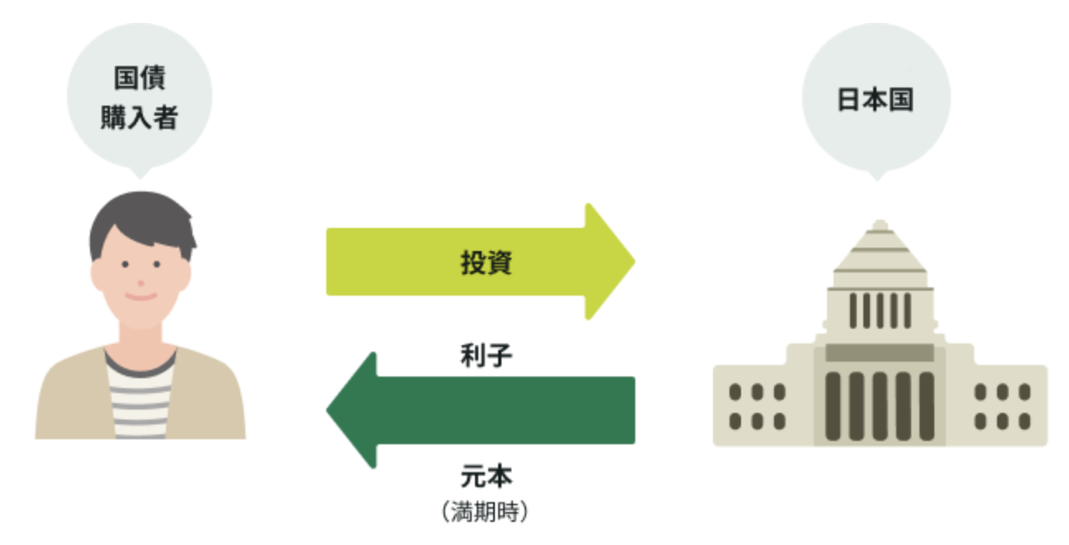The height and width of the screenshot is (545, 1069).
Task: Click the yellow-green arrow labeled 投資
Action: point(481,262)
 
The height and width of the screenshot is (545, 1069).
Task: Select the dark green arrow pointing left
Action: point(481,410)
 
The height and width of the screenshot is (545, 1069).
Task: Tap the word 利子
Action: point(487,356)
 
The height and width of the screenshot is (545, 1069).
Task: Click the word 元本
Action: point(487,476)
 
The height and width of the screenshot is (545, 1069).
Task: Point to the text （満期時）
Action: point(485,512)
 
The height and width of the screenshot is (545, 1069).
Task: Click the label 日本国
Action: point(876,100)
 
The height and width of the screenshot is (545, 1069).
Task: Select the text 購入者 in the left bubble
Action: point(140,117)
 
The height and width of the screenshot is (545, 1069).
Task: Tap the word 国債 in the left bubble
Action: point(140,78)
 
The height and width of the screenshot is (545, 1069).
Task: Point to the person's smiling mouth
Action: point(140,297)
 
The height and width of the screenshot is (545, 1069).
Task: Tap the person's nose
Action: point(140,283)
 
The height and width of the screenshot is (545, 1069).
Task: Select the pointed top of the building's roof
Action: point(880,221)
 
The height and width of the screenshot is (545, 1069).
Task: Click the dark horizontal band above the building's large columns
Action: point(880,353)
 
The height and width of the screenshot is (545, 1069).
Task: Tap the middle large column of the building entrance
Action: point(880,406)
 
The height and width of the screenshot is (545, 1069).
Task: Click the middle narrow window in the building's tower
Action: point(880,310)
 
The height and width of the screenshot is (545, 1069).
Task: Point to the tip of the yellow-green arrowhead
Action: point(634,261)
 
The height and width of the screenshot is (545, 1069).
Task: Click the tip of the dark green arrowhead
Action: point(327,410)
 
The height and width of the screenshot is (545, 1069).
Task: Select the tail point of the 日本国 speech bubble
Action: point(877,180)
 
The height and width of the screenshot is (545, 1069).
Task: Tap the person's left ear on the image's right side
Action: point(185,276)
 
